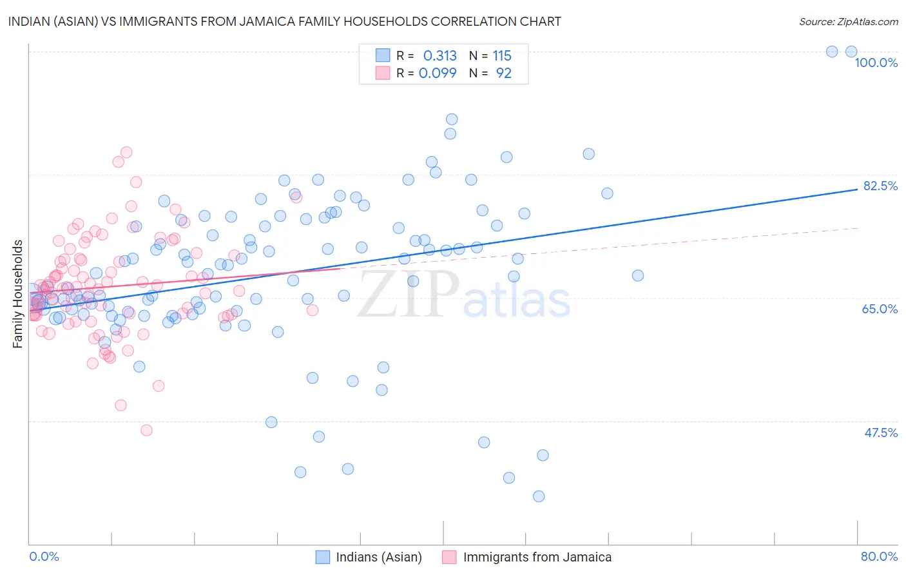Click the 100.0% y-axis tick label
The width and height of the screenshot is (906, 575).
876,63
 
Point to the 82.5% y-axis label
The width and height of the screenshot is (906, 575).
880,186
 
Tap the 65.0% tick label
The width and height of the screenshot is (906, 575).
880,309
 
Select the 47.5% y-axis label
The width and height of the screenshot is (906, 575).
880,433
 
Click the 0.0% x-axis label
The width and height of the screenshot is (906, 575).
44,556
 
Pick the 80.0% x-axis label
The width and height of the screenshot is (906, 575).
879,556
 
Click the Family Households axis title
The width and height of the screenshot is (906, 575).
18,294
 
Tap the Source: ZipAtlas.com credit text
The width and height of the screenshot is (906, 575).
848,21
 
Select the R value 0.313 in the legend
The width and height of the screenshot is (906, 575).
439,56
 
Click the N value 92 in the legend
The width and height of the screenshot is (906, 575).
503,73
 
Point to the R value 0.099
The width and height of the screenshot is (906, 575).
438,73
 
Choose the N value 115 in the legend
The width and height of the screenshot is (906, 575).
502,56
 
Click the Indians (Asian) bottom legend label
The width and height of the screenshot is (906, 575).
379,557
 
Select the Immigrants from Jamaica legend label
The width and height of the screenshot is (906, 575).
537,557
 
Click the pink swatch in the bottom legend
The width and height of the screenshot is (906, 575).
449,557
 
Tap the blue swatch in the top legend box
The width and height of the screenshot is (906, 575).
383,55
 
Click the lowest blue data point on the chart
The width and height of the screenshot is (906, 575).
539,496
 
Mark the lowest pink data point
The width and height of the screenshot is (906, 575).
146,430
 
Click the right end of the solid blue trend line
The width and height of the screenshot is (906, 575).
857,190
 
